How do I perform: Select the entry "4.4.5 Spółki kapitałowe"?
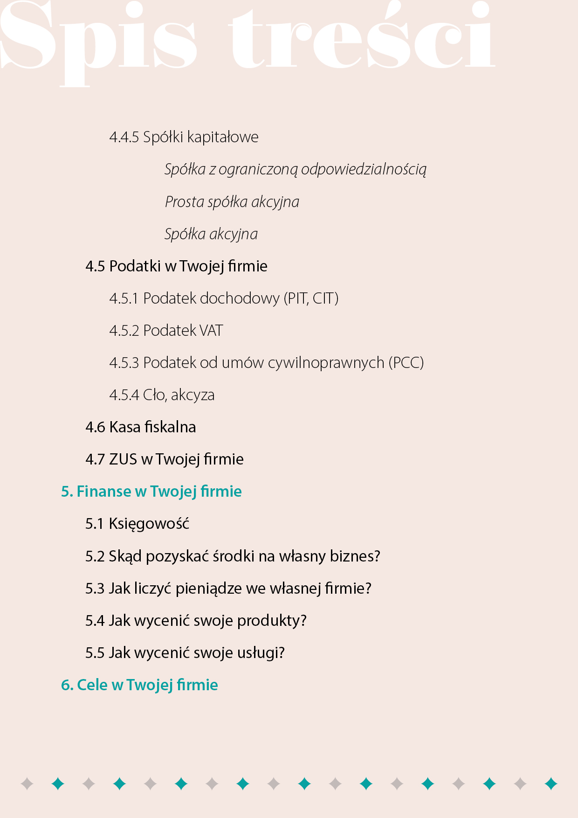184,137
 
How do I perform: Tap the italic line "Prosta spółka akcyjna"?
232,202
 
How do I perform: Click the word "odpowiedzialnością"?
364,169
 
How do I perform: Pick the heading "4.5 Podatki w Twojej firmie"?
176,266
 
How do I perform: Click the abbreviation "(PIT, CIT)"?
311,298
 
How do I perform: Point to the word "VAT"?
211,331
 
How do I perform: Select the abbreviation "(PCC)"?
406,363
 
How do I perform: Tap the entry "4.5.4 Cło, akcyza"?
162,395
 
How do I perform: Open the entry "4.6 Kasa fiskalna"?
140,427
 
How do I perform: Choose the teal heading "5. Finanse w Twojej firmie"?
151,492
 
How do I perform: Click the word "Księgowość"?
149,524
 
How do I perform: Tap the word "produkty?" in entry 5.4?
272,621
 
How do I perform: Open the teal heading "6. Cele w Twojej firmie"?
139,685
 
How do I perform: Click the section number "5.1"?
94,524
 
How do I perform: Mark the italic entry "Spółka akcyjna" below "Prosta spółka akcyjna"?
211,234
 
